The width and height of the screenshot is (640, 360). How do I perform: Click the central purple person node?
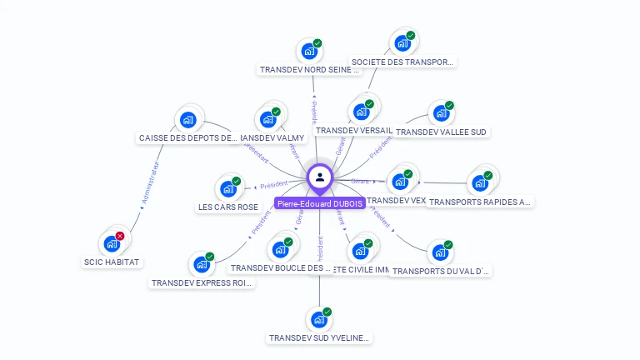coord(320,177)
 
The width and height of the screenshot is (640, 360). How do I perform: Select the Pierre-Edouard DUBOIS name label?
coord(320,202)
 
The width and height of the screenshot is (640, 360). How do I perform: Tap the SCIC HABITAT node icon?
coord(111,244)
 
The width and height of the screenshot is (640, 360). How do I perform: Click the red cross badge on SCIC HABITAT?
coord(120,237)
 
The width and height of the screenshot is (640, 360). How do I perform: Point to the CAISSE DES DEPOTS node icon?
coord(187,120)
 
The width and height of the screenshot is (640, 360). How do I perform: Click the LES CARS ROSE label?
coord(228,207)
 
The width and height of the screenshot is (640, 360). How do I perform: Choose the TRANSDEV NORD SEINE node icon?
coord(309,52)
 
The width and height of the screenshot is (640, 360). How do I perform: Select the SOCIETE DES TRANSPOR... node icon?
coord(402,43)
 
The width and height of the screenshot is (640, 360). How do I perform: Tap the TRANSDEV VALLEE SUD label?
coord(441,132)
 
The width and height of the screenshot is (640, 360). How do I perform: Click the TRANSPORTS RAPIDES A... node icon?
coord(479,183)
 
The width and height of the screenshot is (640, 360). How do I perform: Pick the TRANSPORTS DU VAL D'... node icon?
coord(439,252)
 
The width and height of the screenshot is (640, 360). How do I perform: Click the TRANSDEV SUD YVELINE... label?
coord(319,337)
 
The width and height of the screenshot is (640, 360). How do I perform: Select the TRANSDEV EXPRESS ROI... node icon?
coord(202,264)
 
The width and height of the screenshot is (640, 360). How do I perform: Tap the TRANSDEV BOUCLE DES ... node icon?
coord(280,249)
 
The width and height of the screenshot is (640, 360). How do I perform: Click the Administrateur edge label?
coord(151,183)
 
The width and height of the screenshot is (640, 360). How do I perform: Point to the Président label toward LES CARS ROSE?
coord(274,185)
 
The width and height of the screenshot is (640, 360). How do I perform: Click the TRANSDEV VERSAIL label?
coord(354,131)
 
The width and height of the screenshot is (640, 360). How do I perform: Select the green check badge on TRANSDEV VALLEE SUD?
coord(449,106)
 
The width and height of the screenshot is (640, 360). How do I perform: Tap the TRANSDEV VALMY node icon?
coord(268,119)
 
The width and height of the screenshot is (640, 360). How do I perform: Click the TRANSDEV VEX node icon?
coord(400,181)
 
